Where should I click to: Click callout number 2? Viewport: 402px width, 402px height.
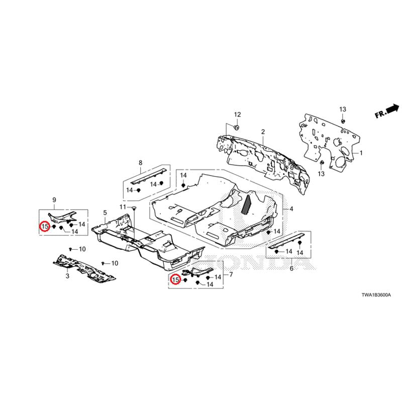262,131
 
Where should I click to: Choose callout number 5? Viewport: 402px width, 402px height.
105,213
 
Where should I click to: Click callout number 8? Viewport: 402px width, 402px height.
140,162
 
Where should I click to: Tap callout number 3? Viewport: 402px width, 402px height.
67,276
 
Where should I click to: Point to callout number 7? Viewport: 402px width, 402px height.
231,274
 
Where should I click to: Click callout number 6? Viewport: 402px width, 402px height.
291,269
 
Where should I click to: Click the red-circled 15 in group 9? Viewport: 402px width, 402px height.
45,227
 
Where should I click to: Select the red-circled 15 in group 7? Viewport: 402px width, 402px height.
176,280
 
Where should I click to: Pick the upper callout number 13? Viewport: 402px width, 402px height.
343,110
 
